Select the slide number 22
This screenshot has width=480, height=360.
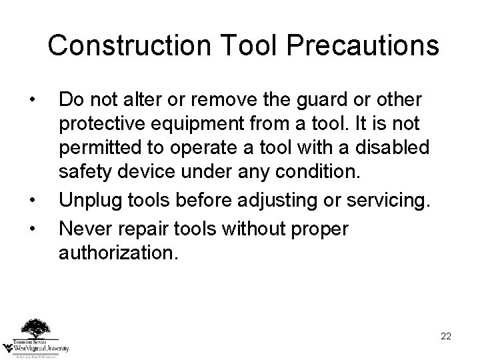coord(446,336)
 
